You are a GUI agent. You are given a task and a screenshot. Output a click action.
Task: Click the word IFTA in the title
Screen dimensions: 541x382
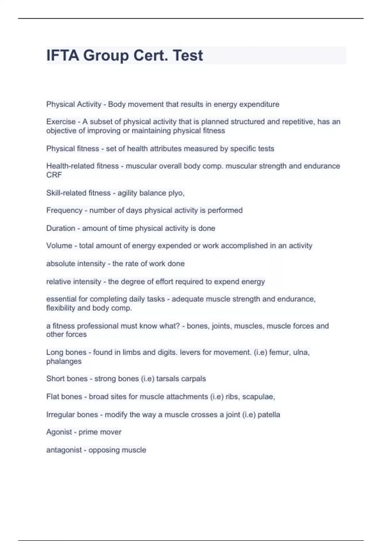(63, 56)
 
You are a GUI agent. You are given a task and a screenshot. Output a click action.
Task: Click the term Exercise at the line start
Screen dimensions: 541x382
(61, 122)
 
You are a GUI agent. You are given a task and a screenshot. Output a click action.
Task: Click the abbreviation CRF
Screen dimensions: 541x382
(54, 175)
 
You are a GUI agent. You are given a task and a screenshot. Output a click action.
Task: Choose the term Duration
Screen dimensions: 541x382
(60, 228)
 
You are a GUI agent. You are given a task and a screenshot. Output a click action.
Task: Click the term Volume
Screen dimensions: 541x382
(59, 246)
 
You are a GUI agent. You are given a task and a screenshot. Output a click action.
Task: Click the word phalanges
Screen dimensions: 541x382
(64, 362)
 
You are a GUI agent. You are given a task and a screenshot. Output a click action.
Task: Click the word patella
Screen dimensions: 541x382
(269, 415)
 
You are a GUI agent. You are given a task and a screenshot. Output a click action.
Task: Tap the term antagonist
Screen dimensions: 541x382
(64, 450)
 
